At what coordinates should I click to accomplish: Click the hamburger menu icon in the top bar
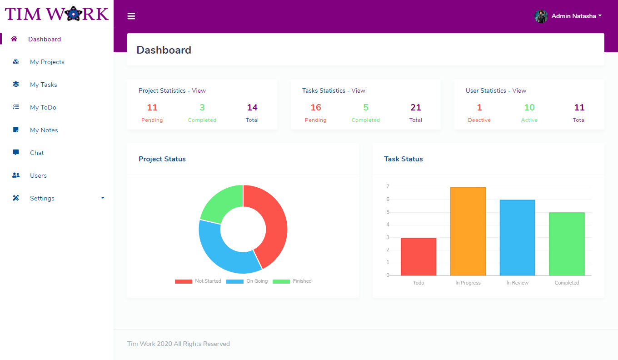coord(131,16)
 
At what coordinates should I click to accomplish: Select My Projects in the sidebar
coord(47,62)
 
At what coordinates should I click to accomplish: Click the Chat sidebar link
coord(37,153)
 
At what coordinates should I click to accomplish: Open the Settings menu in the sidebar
coord(42,198)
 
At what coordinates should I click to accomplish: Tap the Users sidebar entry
coord(38,175)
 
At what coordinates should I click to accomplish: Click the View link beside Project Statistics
coord(199,90)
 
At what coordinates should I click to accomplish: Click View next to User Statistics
coord(519,90)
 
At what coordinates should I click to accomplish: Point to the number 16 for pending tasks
coord(315,108)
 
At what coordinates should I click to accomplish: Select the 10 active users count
coord(529,108)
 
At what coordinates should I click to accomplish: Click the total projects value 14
coord(252,108)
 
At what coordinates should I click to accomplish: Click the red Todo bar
coord(418,256)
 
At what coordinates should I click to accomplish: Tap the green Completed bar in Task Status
coord(567,244)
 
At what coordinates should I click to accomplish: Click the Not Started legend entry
coord(198,281)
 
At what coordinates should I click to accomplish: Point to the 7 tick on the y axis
coord(388,187)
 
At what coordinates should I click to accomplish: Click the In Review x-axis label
coord(517,283)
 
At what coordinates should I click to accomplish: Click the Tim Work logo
coord(57,14)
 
